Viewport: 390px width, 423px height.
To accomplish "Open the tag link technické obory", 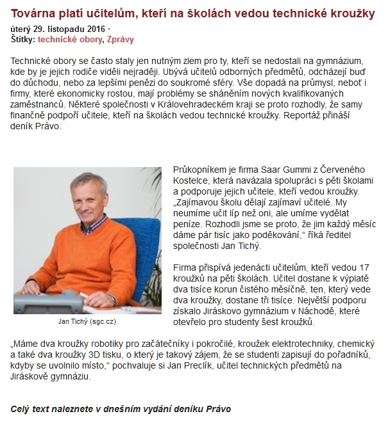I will (70, 39).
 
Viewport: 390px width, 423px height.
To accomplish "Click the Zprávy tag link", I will (121, 39).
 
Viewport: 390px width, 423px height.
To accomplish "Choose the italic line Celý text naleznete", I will (121, 408).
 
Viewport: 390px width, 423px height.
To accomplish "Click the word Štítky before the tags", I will (23, 39).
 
